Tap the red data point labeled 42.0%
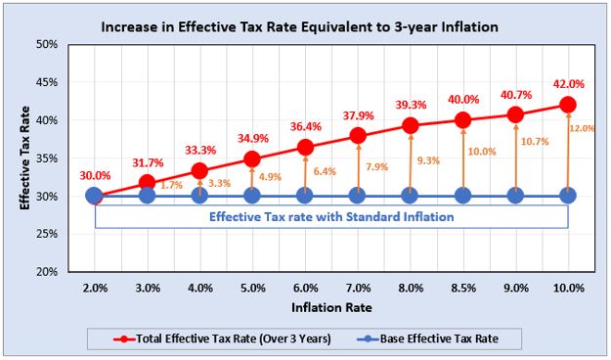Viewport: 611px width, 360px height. [x=568, y=105]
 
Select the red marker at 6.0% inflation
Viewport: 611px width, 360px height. [x=305, y=148]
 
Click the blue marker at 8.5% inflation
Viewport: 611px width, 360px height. [x=462, y=196]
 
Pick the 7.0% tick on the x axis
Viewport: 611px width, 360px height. [x=357, y=289]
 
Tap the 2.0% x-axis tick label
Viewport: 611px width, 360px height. [x=94, y=289]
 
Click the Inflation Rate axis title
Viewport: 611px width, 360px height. [x=330, y=309]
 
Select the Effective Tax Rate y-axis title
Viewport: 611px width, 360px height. [x=26, y=158]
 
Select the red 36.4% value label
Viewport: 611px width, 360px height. [x=305, y=126]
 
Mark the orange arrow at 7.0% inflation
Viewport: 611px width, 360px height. [x=358, y=166]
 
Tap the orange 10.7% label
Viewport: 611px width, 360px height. [x=535, y=142]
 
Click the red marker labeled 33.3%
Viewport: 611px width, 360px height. [x=199, y=170]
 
